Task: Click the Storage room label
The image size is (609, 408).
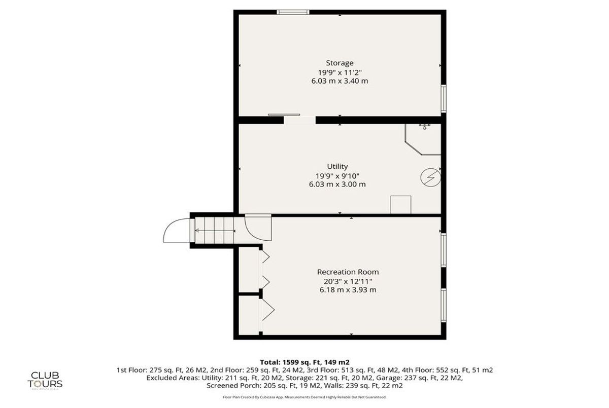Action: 340,63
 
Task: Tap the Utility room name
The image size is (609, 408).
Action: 337,166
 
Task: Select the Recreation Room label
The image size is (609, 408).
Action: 348,272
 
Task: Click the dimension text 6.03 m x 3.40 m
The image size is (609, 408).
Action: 340,81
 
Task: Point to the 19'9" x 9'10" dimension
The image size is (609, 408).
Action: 337,175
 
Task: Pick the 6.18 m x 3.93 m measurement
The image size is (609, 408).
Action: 348,290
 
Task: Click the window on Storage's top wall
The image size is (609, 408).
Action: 293,12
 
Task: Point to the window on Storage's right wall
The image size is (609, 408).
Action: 443,98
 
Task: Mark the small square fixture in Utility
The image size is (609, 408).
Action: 400,204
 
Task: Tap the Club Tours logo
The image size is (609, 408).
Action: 45,378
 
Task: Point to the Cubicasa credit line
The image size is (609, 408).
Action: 304,397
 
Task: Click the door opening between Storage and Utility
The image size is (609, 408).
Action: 299,120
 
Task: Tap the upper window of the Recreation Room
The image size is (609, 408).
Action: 443,249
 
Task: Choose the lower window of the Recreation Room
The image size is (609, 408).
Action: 443,305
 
